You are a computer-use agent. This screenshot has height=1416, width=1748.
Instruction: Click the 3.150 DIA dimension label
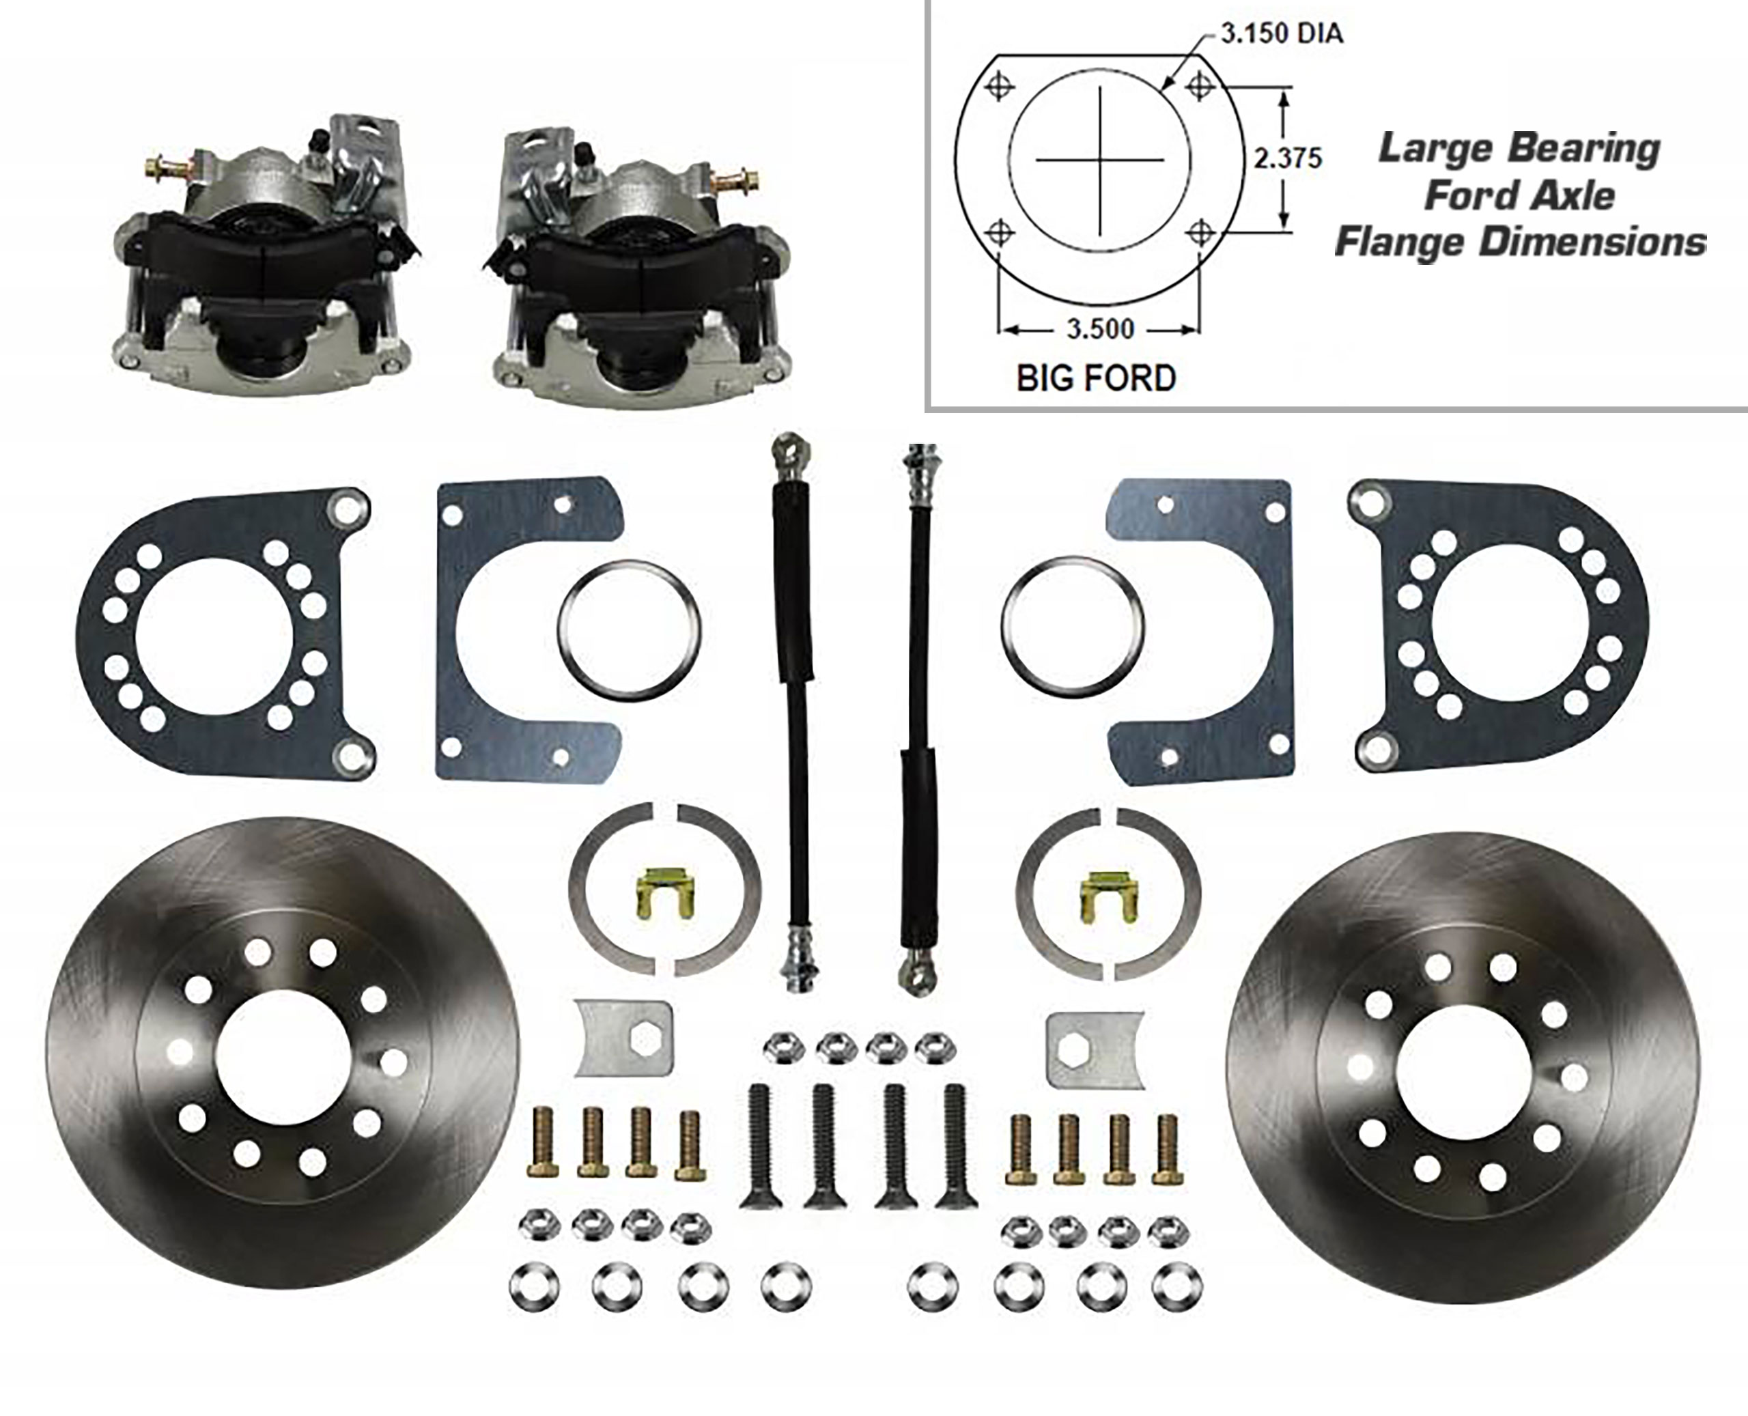(x=1281, y=34)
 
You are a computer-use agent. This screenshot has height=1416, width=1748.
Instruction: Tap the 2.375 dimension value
(x=1287, y=158)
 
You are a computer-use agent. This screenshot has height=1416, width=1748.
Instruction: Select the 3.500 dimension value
(x=1100, y=330)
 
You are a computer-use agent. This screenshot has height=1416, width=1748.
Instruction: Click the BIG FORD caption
(x=1095, y=378)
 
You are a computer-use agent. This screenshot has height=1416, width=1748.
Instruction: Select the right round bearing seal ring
(x=1072, y=625)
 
